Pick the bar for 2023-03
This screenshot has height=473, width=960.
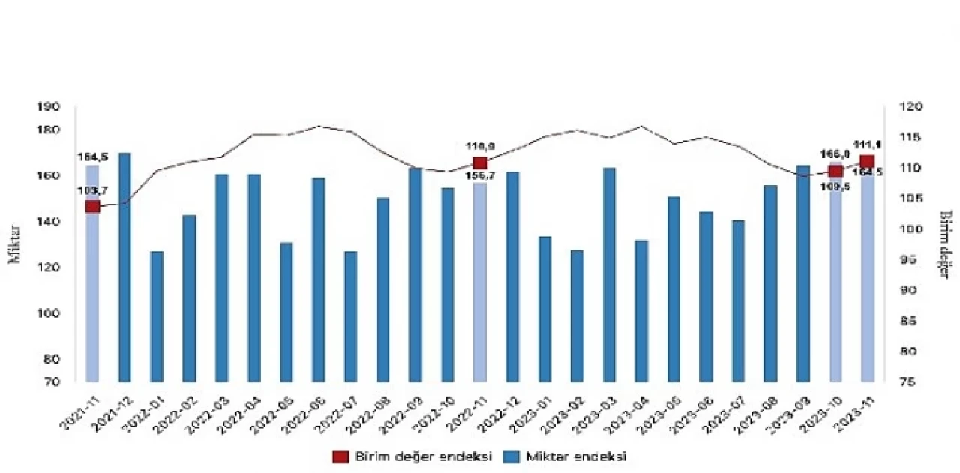(x=609, y=274)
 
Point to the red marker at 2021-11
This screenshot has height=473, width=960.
(x=92, y=206)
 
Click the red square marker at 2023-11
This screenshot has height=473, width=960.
(x=867, y=162)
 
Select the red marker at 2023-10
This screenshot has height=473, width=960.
(x=835, y=171)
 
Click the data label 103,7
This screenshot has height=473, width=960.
(x=92, y=190)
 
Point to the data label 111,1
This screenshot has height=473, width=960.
(x=867, y=145)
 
